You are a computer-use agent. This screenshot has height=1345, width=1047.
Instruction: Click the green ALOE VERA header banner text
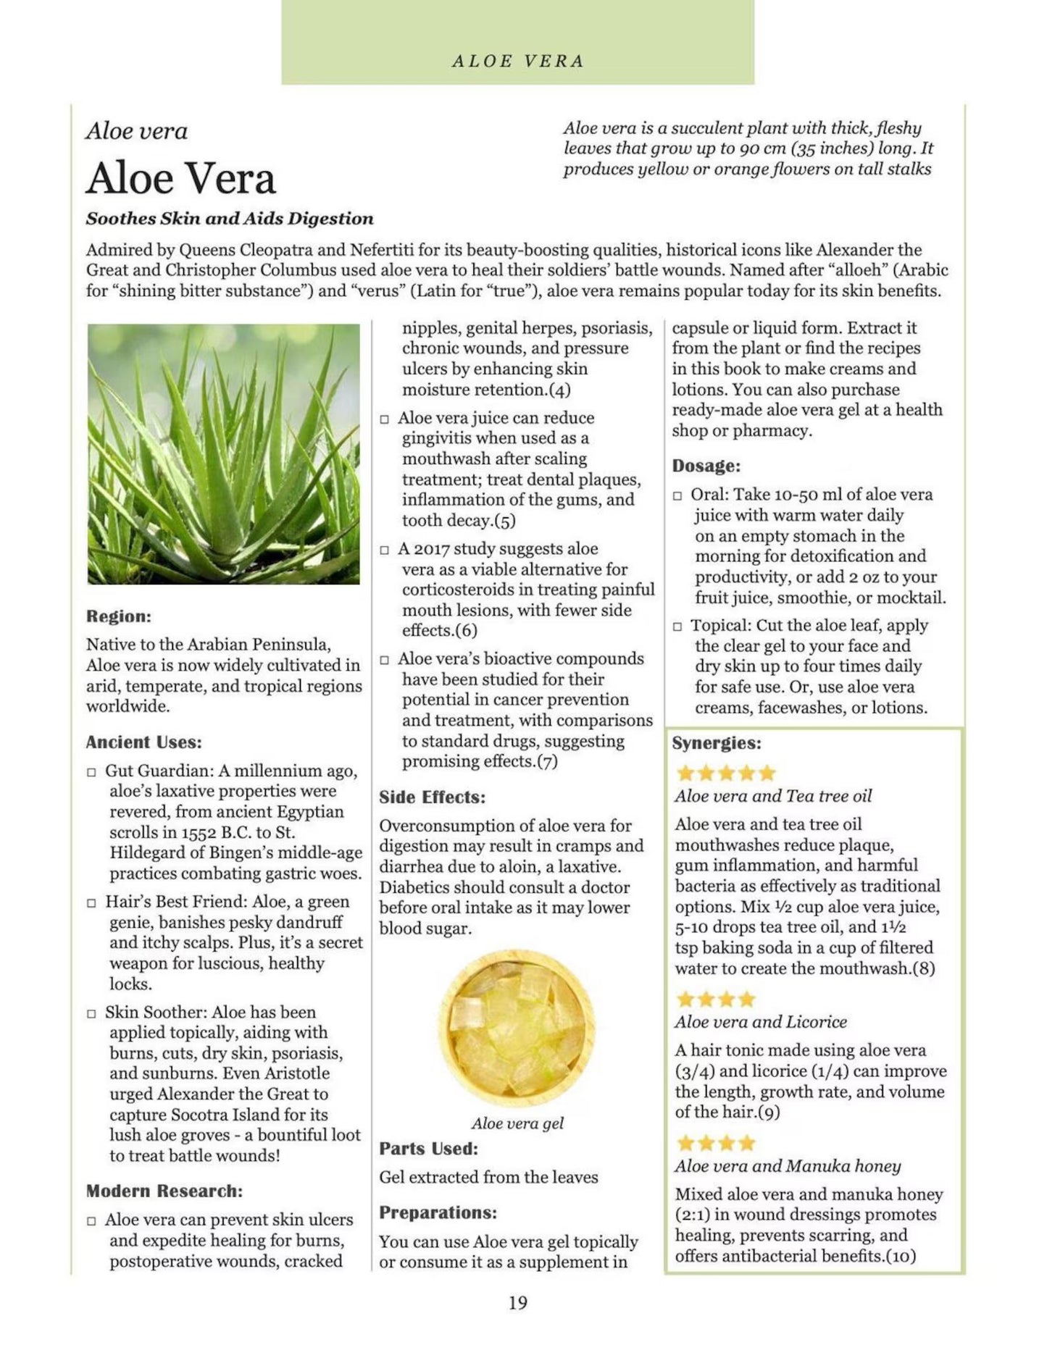[x=517, y=62]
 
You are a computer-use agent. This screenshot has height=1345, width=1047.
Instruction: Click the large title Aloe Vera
[x=181, y=178]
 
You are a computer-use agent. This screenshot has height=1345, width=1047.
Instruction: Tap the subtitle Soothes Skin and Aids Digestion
[x=230, y=219]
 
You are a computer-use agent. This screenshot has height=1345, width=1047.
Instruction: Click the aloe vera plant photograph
[x=223, y=453]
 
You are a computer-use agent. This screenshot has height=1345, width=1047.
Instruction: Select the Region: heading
[x=119, y=616]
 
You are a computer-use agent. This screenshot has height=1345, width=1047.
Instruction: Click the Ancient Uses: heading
[x=143, y=742]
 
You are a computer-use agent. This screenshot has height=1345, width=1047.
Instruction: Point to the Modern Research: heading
[x=164, y=1191]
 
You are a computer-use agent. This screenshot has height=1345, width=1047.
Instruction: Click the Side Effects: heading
[x=433, y=797]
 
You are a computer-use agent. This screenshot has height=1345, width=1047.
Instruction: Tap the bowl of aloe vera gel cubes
[x=517, y=1026]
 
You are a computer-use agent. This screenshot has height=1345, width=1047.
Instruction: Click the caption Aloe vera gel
[x=517, y=1123]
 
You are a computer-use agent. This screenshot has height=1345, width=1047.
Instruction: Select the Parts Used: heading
[x=428, y=1149]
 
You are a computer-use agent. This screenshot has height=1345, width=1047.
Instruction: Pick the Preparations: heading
[x=438, y=1212]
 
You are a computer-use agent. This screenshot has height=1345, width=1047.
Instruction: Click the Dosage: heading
[x=706, y=466]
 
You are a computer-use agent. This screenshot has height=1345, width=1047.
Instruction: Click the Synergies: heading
[x=717, y=743]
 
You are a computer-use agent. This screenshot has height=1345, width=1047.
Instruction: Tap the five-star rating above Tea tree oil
[x=725, y=773]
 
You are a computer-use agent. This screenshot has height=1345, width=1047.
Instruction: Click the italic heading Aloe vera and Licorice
[x=761, y=1022]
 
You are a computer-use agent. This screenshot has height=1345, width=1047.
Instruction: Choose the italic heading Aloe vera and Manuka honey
[x=788, y=1166]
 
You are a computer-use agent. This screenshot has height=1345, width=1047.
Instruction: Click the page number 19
[x=517, y=1303]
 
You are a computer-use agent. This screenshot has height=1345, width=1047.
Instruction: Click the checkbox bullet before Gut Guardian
[x=91, y=772]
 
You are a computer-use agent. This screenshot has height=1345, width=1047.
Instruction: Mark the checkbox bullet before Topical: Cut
[x=677, y=627]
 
